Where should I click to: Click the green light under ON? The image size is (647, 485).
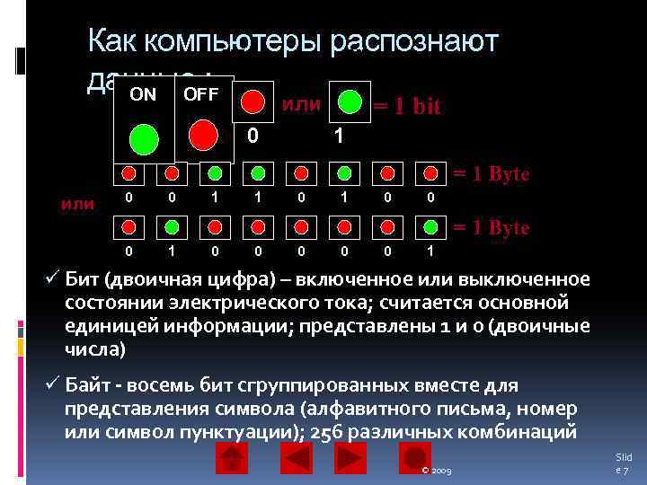click(143, 138)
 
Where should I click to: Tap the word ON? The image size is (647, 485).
click(143, 94)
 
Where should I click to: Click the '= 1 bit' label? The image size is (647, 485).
click(407, 106)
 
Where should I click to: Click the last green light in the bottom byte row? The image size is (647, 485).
click(430, 224)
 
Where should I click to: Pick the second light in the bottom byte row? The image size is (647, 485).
click(172, 224)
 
